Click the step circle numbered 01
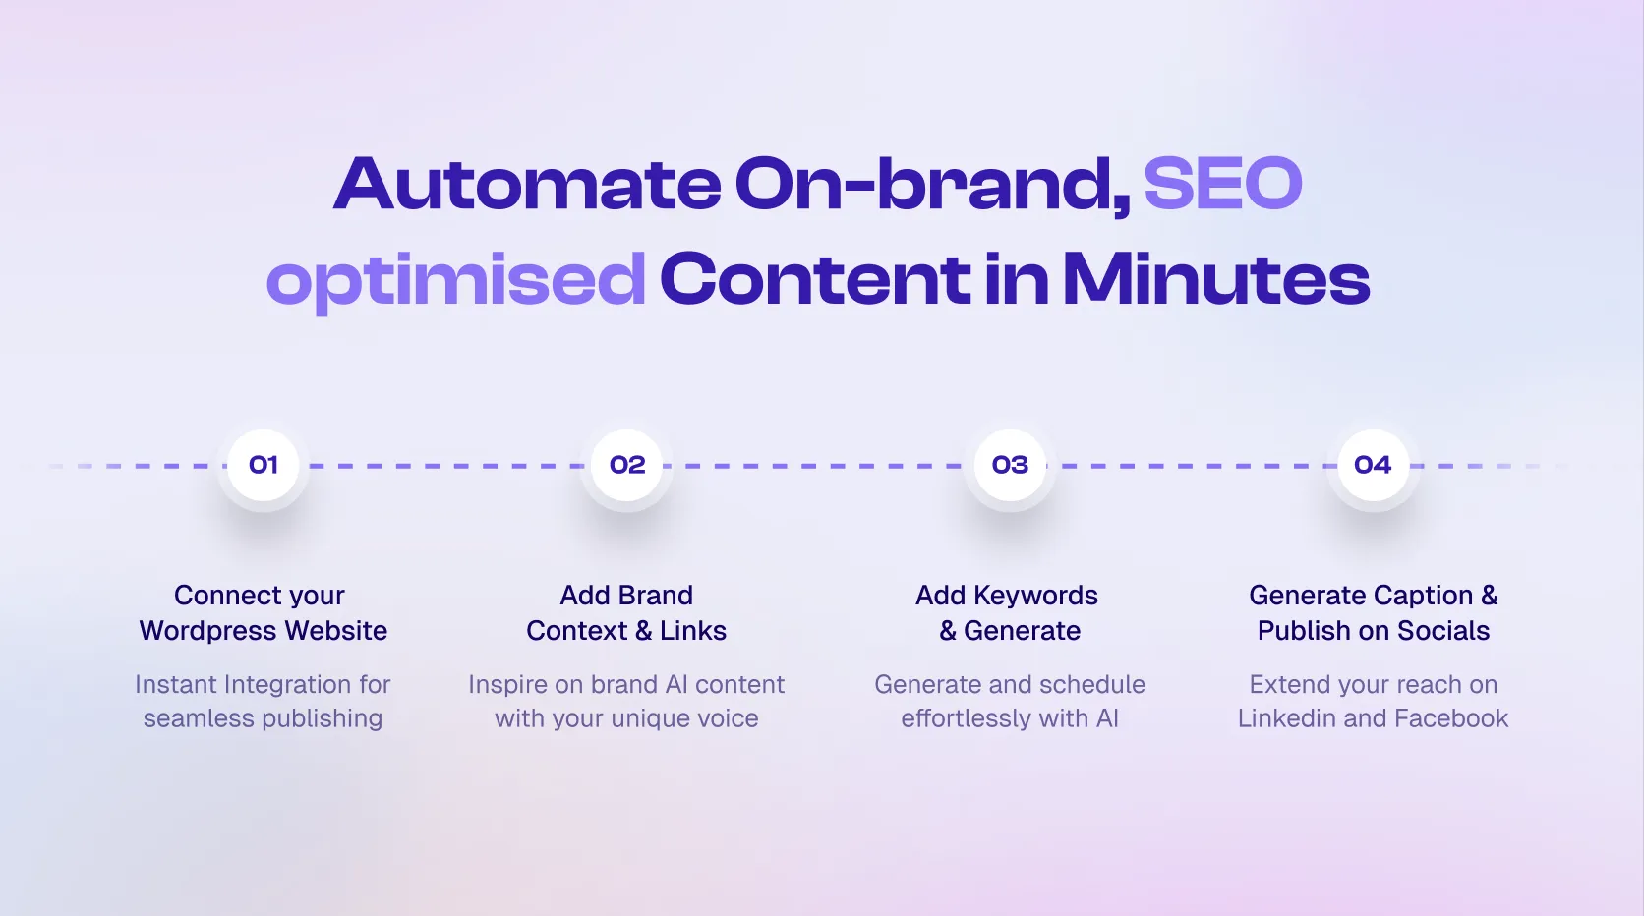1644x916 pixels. click(263, 465)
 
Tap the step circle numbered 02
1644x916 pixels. click(626, 465)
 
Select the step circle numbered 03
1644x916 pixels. click(1010, 465)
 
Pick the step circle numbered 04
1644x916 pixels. click(1374, 465)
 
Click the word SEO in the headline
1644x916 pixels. click(1223, 183)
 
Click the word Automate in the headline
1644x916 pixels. click(527, 183)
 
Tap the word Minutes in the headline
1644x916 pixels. click(1216, 278)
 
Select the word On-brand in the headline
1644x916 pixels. click(932, 185)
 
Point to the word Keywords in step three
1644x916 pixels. click(1035, 596)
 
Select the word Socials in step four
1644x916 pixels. click(1442, 631)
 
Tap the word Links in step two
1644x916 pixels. click(693, 631)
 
